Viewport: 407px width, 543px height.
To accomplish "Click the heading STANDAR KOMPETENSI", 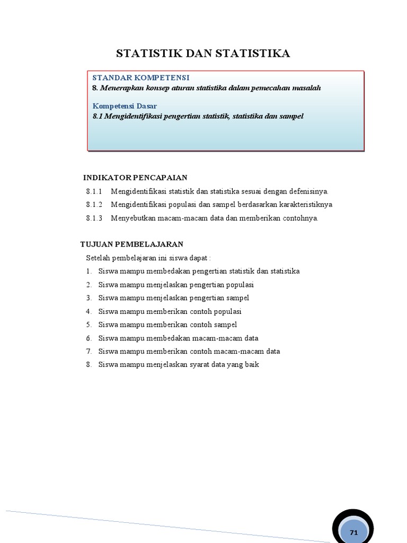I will [x=141, y=78].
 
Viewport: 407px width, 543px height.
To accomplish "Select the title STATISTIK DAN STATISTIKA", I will [x=203, y=54].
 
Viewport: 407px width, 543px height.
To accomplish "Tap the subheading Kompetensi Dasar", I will [x=125, y=106].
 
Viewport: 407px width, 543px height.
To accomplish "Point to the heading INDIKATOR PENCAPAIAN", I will [x=135, y=177].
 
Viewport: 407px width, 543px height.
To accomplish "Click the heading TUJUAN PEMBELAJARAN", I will [x=131, y=244].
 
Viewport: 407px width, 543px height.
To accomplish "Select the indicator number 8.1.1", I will [x=93, y=191].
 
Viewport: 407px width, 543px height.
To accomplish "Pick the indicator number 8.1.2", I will [x=93, y=205].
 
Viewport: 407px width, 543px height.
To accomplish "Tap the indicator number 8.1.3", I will [x=93, y=218].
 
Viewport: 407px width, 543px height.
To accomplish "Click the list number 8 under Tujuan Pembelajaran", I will [x=89, y=365].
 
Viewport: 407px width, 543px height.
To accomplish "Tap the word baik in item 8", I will [x=252, y=365].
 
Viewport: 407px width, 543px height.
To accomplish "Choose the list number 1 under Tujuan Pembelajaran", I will [x=89, y=271].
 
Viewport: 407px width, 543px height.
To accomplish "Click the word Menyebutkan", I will [x=131, y=218].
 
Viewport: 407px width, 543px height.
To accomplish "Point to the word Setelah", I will [x=98, y=258].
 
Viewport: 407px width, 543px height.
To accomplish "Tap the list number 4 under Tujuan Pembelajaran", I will [x=89, y=311].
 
